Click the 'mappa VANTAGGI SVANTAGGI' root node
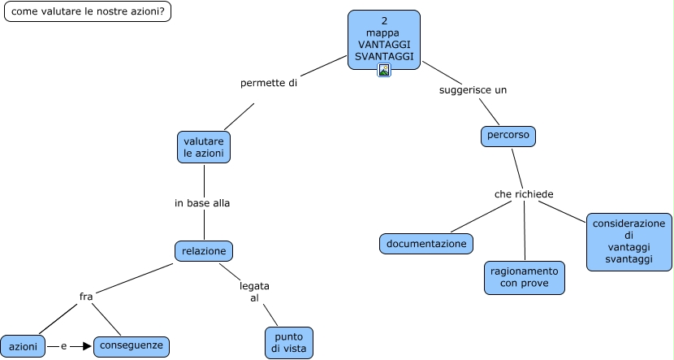(x=384, y=40)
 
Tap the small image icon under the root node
(x=384, y=70)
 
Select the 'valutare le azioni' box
(x=204, y=147)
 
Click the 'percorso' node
(x=508, y=137)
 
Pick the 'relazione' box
(x=204, y=251)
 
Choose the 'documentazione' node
(x=426, y=244)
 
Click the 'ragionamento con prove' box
(x=525, y=278)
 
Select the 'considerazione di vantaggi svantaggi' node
(x=629, y=241)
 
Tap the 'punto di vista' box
(x=289, y=343)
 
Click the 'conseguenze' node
(x=132, y=346)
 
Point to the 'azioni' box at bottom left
(x=23, y=346)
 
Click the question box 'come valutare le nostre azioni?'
(x=88, y=11)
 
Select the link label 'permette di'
(x=269, y=83)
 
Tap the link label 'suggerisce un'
(x=473, y=90)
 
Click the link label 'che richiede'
(x=524, y=194)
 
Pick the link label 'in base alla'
(x=202, y=203)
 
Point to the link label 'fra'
(x=86, y=297)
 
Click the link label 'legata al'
(x=254, y=292)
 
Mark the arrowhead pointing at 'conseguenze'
(x=87, y=346)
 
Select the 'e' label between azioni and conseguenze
(x=63, y=346)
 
